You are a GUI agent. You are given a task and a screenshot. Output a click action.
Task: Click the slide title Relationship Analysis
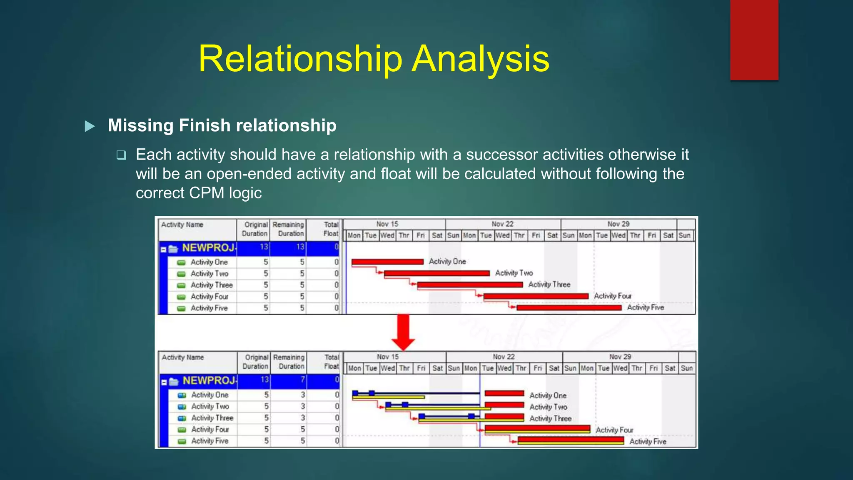tap(374, 59)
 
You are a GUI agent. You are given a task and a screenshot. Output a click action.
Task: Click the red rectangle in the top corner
tap(754, 40)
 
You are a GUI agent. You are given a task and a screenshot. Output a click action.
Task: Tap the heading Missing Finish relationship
tap(222, 125)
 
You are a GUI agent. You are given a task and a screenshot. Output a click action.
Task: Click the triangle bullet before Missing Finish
tap(90, 126)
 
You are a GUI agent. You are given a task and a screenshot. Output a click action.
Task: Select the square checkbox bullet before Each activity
tap(121, 155)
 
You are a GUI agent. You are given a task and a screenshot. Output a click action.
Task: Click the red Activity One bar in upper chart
tap(387, 262)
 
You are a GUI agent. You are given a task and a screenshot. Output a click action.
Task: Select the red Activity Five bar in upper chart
tap(569, 308)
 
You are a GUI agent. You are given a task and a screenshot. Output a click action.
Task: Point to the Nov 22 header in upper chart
tap(503, 224)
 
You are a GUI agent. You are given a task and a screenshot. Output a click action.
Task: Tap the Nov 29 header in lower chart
tap(620, 357)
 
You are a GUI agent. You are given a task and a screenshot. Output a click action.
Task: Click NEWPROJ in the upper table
tap(208, 248)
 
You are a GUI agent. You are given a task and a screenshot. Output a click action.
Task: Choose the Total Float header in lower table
tap(331, 362)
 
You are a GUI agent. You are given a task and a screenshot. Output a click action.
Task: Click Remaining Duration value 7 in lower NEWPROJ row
tap(302, 380)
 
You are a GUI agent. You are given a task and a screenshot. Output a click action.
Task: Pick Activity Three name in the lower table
tap(212, 418)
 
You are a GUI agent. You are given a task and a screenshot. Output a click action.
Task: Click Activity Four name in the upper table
tap(209, 297)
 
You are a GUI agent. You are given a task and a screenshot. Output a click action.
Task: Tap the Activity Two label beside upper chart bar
tap(514, 273)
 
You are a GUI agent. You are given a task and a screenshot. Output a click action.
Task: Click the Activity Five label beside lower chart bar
tap(647, 442)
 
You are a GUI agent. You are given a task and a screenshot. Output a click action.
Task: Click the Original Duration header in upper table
tap(255, 229)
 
